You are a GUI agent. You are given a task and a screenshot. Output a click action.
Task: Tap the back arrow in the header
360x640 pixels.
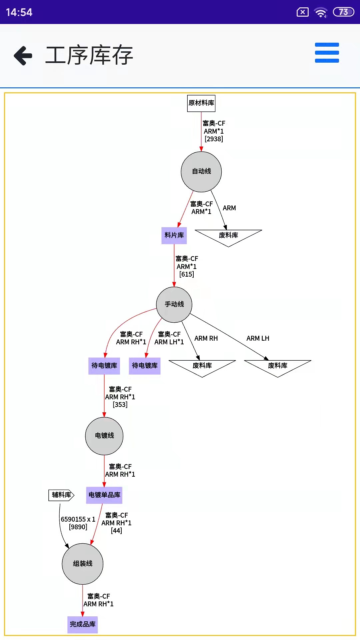pos(23,55)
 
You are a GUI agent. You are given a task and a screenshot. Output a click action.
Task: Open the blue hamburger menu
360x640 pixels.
pos(327,53)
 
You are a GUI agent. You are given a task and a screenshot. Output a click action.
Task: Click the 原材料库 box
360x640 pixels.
pos(201,103)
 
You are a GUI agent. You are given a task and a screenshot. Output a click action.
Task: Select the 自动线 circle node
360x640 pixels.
pos(201,171)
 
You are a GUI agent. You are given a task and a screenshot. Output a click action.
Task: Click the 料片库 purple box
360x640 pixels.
pos(174,235)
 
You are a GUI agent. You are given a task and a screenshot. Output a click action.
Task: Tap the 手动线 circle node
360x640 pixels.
pos(174,304)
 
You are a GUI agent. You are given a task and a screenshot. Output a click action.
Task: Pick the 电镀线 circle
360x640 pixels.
pos(104,436)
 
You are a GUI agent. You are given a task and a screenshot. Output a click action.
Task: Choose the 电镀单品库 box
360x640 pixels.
pos(104,495)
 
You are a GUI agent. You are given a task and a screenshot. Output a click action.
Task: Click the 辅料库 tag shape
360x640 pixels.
pos(61,495)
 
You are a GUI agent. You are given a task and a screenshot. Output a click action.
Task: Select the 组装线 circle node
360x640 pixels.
pos(83,564)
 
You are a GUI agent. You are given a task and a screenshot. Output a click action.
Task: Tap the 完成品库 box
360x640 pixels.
pos(83,624)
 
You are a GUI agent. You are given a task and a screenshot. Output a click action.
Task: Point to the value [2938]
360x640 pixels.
pos(214,139)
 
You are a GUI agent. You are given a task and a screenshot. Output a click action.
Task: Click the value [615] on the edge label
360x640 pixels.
pos(187,274)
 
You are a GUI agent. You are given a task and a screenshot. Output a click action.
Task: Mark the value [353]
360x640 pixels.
pos(120,405)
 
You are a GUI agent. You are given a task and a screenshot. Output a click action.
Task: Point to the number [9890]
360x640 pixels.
pos(78,527)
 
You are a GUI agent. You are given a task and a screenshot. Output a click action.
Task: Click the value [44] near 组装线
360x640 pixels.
pos(116,531)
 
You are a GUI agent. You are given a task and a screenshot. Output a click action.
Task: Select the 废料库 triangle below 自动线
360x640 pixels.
pos(228,236)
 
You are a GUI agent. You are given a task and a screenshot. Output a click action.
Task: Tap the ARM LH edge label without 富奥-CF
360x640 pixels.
pos(258,338)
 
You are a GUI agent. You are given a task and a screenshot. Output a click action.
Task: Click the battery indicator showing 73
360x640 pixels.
pos(343,12)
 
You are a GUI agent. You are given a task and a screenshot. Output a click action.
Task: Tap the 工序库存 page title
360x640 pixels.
pos(89,55)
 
